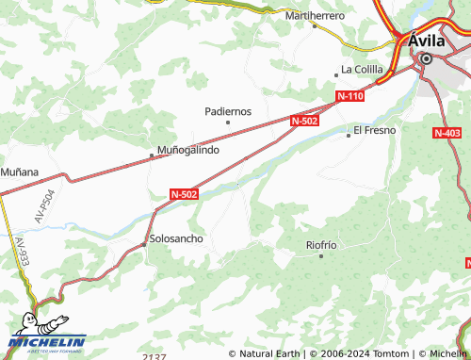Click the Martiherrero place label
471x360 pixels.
click(x=315, y=16)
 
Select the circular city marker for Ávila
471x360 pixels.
click(x=426, y=58)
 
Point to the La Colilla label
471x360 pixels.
click(x=361, y=69)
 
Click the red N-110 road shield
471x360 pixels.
click(x=350, y=96)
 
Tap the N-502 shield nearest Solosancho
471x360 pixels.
click(x=185, y=193)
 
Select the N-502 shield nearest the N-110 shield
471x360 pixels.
click(x=304, y=121)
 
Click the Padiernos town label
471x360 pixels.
click(x=227, y=110)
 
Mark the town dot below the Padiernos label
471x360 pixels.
click(x=227, y=122)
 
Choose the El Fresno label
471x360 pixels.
click(x=374, y=129)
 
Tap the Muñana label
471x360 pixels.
click(x=19, y=172)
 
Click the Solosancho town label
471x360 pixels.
click(x=176, y=238)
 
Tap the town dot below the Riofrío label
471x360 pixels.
click(x=320, y=255)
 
